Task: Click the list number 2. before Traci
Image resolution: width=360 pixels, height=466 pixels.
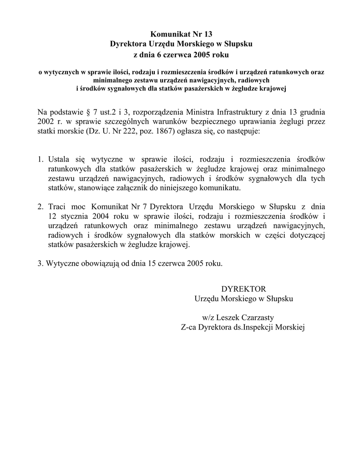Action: [x=41, y=207]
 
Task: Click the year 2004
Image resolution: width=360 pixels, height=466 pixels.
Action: [x=104, y=216]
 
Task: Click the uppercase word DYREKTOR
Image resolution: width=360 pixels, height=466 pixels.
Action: [x=243, y=289]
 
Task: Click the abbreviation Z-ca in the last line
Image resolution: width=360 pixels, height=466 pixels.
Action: [x=188, y=327]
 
